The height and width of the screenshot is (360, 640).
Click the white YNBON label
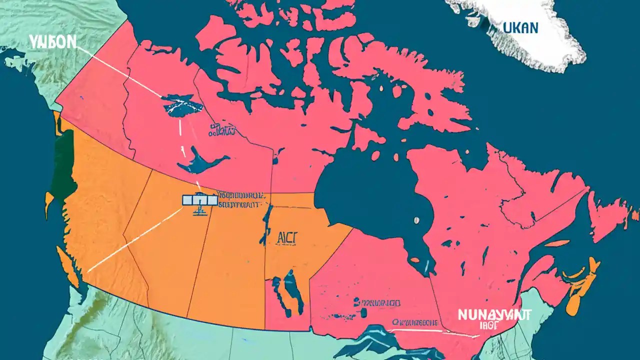tap(52, 42)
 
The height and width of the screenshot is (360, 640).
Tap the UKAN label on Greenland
tap(520, 27)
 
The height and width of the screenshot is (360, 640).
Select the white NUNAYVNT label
tap(494, 314)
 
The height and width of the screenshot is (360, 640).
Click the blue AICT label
tap(286, 237)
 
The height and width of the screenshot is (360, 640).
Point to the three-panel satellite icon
tap(199, 200)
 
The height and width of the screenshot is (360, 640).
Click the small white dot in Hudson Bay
tap(415, 219)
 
